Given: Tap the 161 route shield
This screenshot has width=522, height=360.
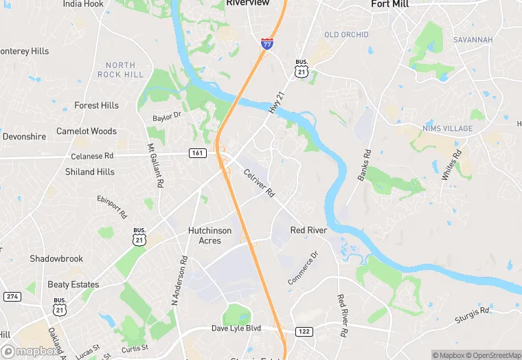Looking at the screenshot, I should click(x=198, y=153).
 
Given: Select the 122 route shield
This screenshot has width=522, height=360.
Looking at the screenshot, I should click(x=304, y=331).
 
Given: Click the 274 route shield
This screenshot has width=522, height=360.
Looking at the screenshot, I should click(x=12, y=296).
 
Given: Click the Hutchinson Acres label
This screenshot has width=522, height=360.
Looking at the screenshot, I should click(x=209, y=236).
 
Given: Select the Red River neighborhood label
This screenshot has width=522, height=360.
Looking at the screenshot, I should click(x=308, y=230).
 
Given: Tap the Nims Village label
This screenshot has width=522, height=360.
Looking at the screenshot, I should click(x=447, y=128).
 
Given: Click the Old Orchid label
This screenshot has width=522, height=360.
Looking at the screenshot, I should click(x=346, y=34).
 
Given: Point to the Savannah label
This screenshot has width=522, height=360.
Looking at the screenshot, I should click(x=473, y=40).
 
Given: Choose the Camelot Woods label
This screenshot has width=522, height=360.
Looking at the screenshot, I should click(x=87, y=131).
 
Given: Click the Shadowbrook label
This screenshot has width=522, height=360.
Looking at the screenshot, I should click(x=56, y=258).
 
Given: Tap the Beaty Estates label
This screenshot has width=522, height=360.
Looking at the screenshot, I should click(x=73, y=284).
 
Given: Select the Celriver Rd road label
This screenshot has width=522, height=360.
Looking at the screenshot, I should click(x=259, y=183).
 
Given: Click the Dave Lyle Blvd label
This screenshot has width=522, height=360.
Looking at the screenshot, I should click(x=236, y=328).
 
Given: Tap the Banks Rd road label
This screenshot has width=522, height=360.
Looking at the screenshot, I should click(x=364, y=166).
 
